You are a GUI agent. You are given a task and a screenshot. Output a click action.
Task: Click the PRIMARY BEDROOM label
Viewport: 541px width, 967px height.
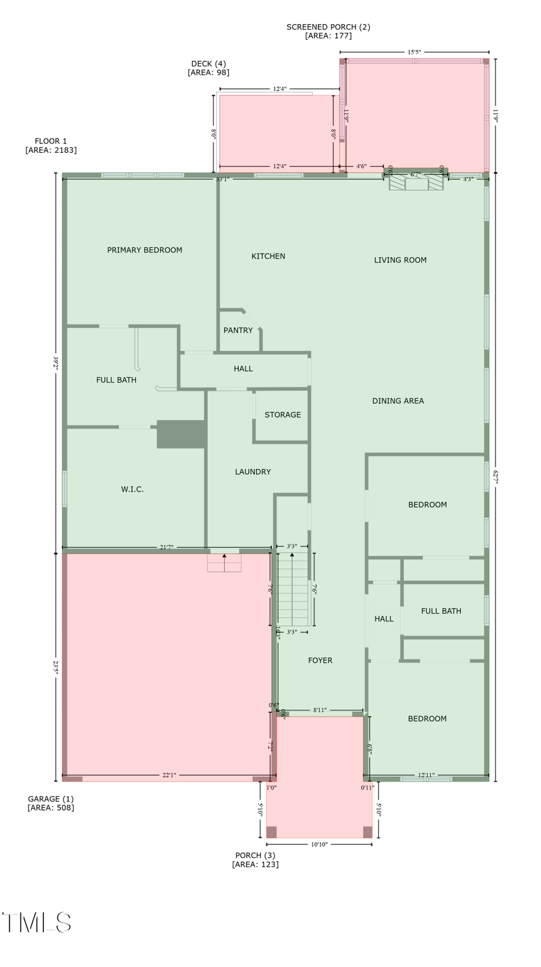(144, 250)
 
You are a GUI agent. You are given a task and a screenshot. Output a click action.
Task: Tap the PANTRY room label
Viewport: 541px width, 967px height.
(238, 330)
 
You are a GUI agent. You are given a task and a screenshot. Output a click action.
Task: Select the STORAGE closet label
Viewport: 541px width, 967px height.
(283, 415)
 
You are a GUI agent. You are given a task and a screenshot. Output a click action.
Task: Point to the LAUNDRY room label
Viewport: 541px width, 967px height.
(252, 472)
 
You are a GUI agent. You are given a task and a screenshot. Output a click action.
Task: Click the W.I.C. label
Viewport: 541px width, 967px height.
(132, 489)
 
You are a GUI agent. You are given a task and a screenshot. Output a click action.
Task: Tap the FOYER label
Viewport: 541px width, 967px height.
(320, 660)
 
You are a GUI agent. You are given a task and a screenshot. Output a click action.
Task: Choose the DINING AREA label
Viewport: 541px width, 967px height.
(397, 401)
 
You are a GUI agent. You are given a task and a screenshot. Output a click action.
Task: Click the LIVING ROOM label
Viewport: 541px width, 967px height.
(400, 260)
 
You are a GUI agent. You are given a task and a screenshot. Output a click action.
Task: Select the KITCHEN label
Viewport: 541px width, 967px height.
(268, 256)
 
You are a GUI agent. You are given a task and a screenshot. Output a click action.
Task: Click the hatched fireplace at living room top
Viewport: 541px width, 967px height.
(416, 182)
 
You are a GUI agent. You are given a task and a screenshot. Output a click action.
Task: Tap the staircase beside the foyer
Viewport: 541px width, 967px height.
(293, 590)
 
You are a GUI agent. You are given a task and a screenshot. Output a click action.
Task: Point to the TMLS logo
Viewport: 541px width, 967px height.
(37, 922)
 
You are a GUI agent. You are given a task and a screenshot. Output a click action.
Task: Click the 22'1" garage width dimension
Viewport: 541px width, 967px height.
(169, 775)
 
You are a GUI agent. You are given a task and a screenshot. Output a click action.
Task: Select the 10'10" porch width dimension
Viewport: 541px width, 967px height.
(319, 844)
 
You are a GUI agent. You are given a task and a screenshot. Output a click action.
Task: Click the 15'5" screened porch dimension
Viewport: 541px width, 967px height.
(414, 52)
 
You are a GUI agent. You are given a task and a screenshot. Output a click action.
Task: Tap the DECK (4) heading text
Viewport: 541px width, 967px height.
(208, 64)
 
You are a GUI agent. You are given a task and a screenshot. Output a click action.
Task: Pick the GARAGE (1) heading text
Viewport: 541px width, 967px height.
(50, 799)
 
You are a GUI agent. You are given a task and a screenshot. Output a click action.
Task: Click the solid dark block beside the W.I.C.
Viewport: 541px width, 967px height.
(181, 434)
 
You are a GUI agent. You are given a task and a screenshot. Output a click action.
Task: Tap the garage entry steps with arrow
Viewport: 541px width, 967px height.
(224, 563)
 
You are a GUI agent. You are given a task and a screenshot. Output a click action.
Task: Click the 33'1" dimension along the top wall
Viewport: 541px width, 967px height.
(222, 179)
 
